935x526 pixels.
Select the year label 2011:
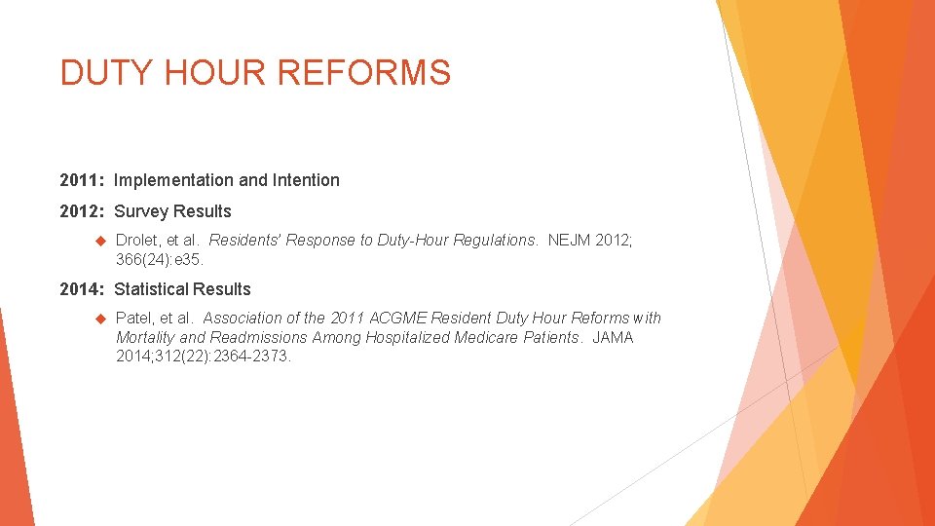83,180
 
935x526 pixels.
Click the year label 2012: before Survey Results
83,211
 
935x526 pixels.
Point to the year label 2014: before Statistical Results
83,289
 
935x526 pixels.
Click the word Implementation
173,180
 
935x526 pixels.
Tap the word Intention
306,180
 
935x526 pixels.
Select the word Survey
140,211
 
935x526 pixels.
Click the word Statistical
150,289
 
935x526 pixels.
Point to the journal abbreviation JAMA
612,337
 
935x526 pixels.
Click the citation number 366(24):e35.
161,259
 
